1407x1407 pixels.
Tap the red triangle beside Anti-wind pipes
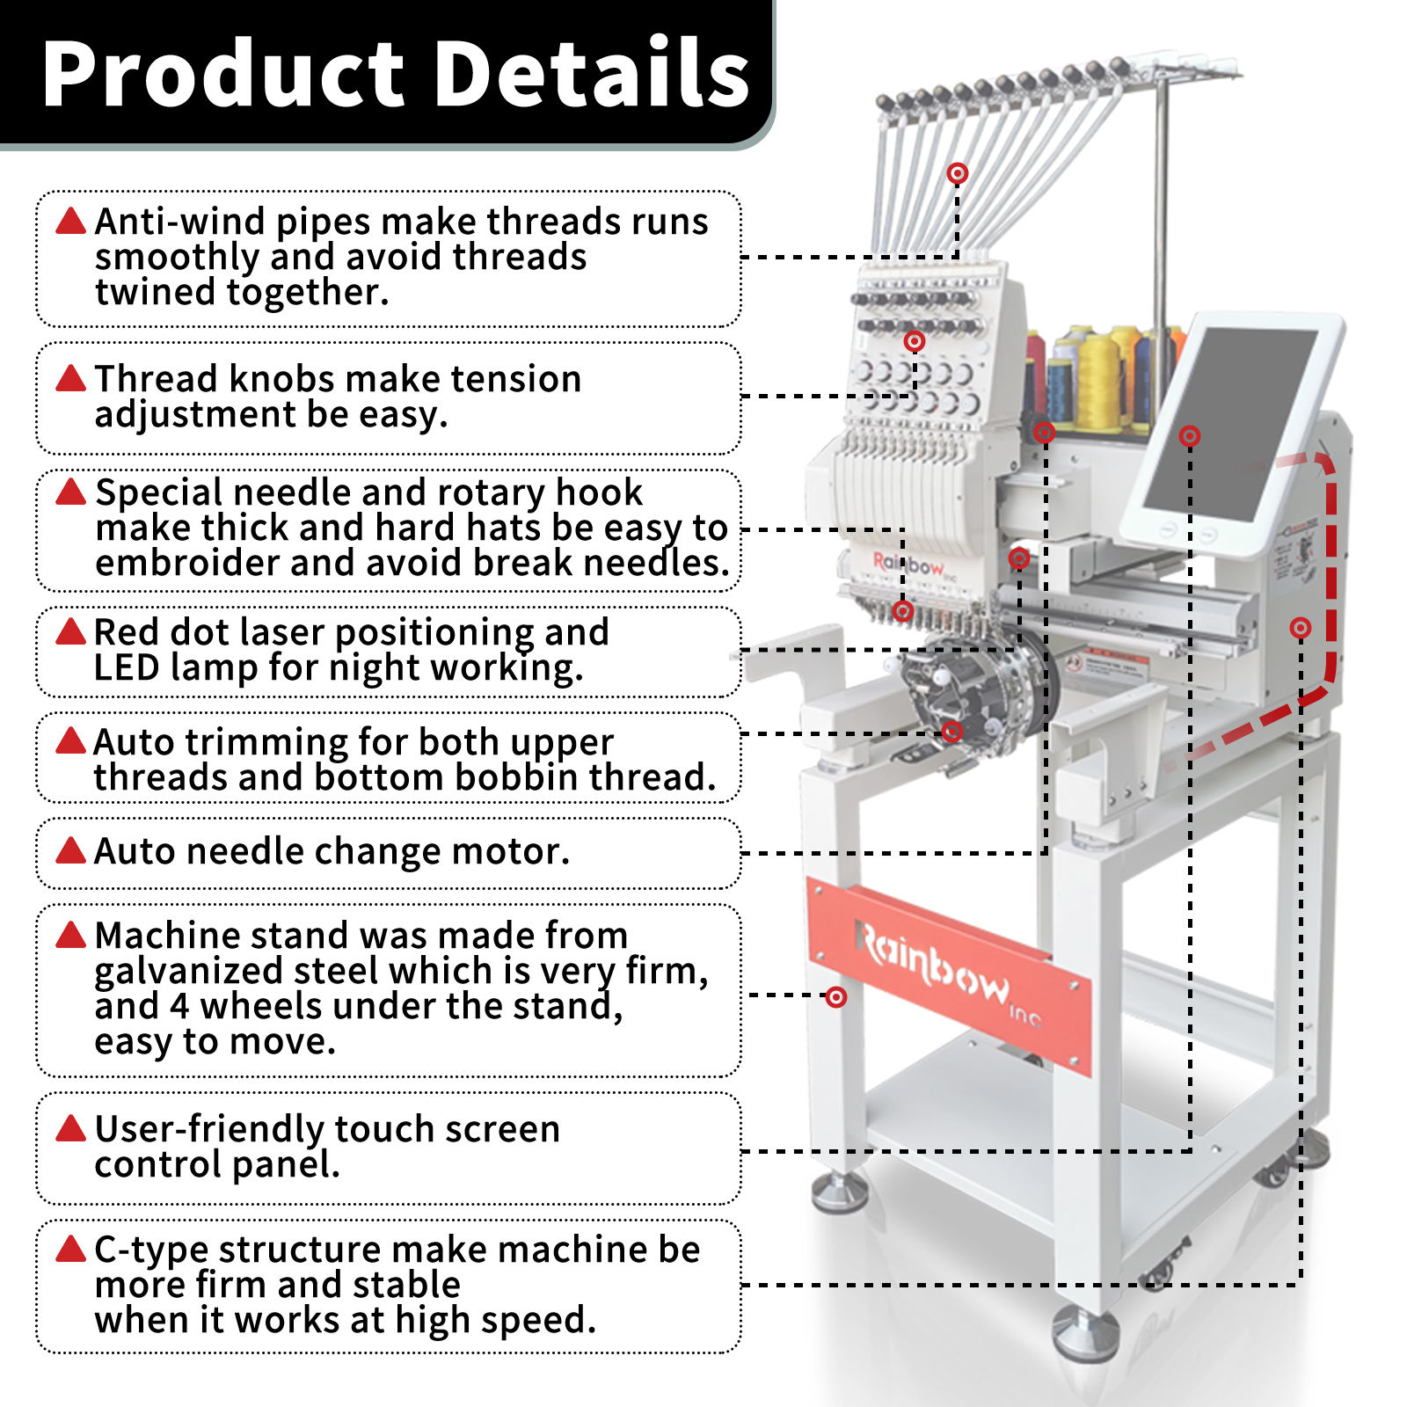(70, 221)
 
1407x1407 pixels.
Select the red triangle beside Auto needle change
(70, 850)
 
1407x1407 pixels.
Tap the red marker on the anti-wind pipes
(958, 173)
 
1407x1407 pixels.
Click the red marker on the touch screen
(1190, 435)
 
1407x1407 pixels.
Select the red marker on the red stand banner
(836, 996)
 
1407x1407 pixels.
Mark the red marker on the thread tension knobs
(915, 341)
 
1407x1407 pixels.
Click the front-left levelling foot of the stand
(839, 1192)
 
